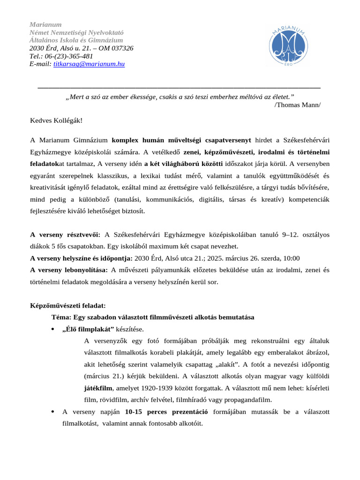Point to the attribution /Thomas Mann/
click(298, 104)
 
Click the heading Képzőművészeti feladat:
click(68, 306)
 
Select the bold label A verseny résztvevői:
click(65, 235)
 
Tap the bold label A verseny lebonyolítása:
click(69, 270)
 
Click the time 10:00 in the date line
click(291, 258)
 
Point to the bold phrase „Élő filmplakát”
click(88, 329)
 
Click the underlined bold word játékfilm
click(98, 388)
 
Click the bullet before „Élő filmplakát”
click(52, 329)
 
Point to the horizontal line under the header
click(179, 88)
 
